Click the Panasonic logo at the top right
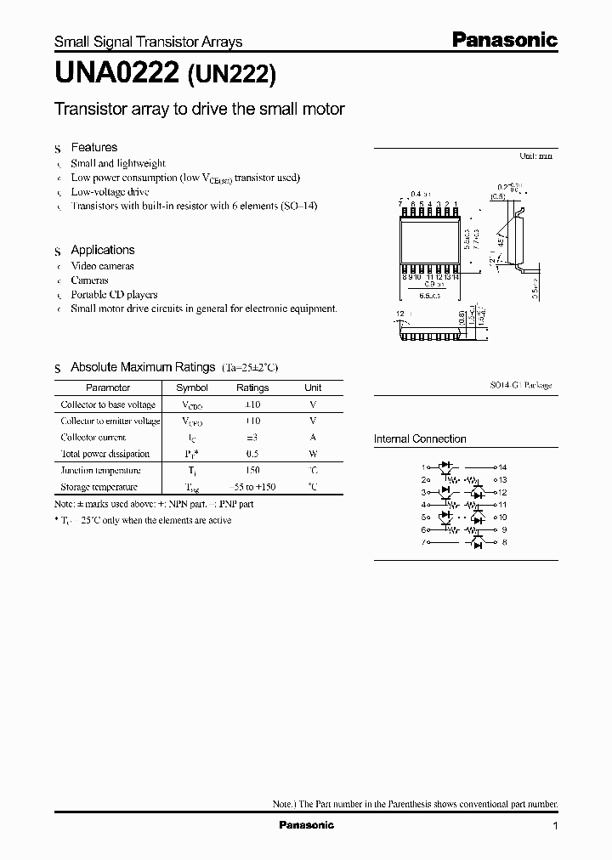pos(502,40)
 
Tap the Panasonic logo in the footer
pos(306,825)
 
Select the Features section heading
pos(93,147)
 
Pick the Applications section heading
pos(102,250)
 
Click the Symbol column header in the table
pos(191,388)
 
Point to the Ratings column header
pos(252,388)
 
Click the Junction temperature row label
pos(100,470)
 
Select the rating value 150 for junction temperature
pos(252,470)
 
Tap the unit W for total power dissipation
pos(313,454)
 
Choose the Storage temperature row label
pos(99,487)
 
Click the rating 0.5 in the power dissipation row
pos(252,454)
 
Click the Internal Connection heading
pos(420,439)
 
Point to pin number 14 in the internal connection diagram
pos(502,467)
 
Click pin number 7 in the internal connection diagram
pos(422,542)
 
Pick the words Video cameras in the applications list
pos(102,265)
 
